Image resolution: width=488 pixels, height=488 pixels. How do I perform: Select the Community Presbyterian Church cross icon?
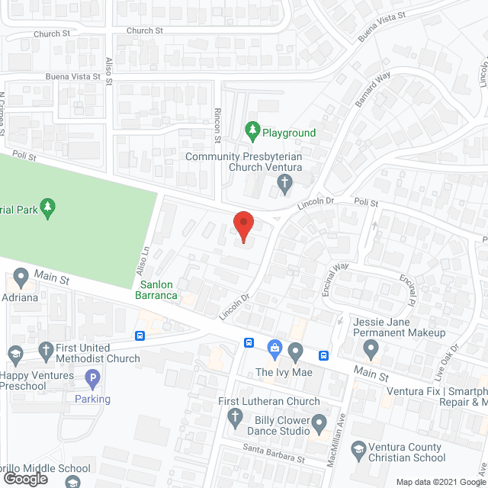pyautogui.click(x=284, y=182)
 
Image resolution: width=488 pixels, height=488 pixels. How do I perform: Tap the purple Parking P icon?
pyautogui.click(x=92, y=377)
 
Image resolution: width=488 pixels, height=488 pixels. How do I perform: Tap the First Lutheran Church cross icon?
pyautogui.click(x=236, y=417)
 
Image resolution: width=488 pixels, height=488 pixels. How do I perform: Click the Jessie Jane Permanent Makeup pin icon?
pyautogui.click(x=371, y=350)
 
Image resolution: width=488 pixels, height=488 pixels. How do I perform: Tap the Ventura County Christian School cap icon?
pyautogui.click(x=357, y=452)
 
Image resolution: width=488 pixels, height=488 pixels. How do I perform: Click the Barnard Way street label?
pyautogui.click(x=371, y=89)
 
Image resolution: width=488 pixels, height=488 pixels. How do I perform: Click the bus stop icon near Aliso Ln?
pyautogui.click(x=140, y=335)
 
